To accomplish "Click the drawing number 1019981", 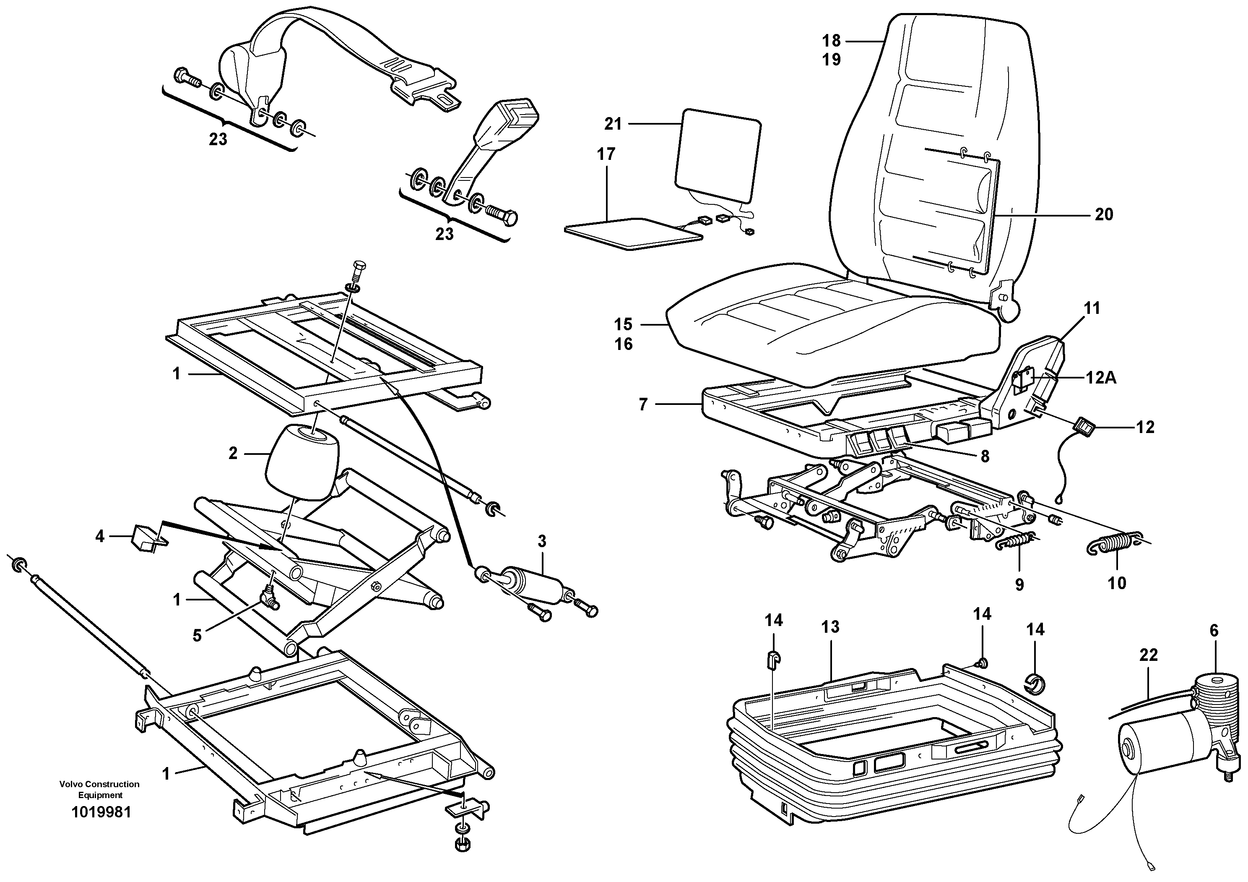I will point(101,812).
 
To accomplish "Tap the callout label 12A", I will point(1101,378).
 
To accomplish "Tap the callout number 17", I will point(606,154).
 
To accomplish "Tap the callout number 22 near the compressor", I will point(1149,655).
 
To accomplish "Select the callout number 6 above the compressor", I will point(1214,631).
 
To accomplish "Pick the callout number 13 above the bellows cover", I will point(830,627).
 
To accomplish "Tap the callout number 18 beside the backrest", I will point(831,41).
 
